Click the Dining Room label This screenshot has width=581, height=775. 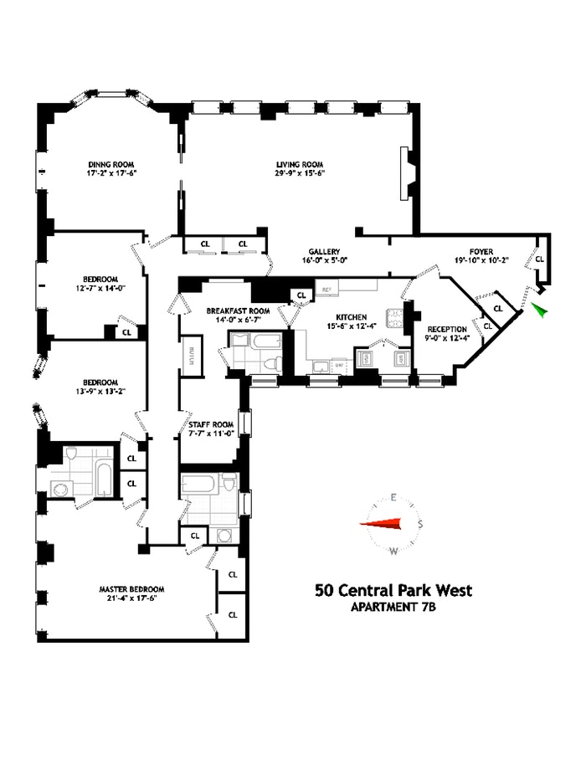(x=111, y=164)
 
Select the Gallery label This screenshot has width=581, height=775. (x=322, y=251)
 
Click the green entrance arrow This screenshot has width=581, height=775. (x=540, y=311)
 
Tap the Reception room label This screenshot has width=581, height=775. (x=440, y=329)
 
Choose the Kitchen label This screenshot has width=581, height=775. (x=351, y=317)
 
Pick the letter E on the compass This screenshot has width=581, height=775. (x=392, y=499)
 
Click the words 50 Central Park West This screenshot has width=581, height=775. (x=393, y=591)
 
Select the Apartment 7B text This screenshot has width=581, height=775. (x=393, y=608)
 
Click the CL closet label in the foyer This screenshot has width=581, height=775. (x=539, y=259)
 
